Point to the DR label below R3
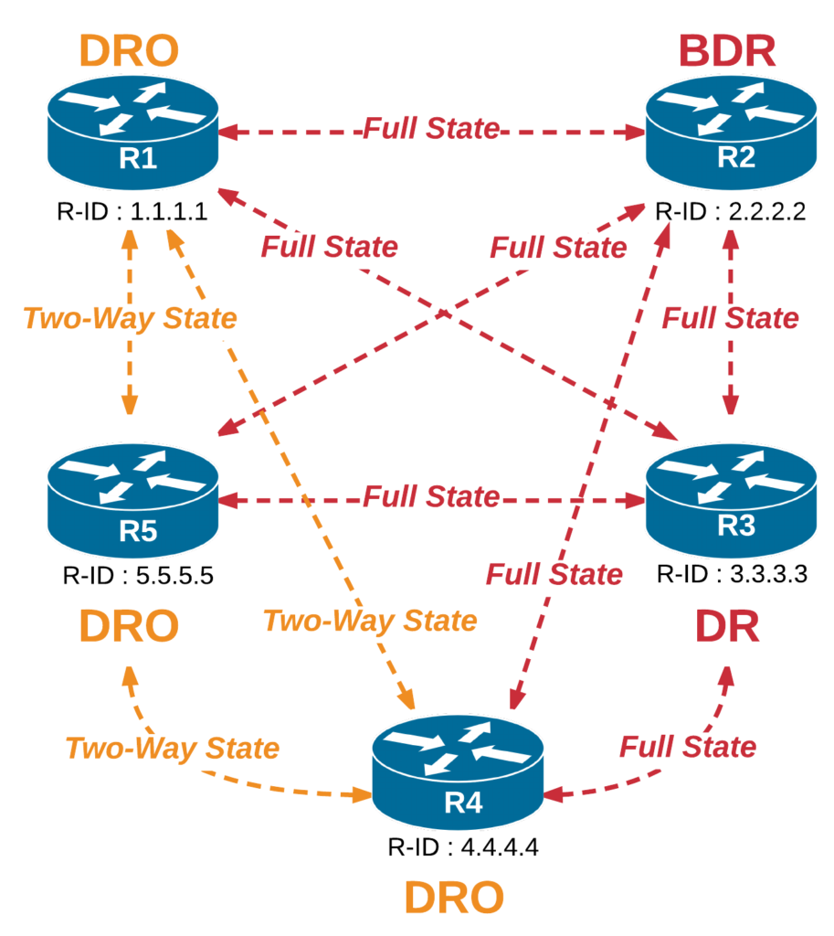point(728,627)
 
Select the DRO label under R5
point(128,627)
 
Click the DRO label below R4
point(453,899)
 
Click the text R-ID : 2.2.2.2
point(730,214)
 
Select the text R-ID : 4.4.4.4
point(461,846)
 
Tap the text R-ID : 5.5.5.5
point(138,577)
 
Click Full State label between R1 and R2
point(431,129)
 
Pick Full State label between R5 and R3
point(431,498)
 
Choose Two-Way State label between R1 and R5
point(130,318)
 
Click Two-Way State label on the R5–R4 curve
point(172,748)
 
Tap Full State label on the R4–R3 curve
point(688,747)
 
